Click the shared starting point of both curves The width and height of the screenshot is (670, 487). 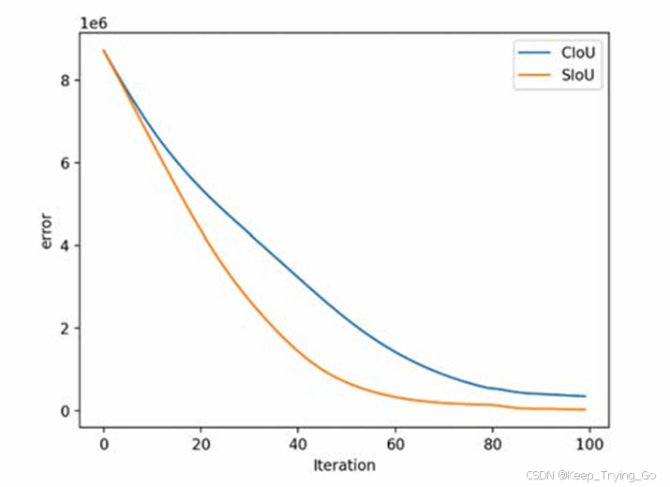pos(104,51)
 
